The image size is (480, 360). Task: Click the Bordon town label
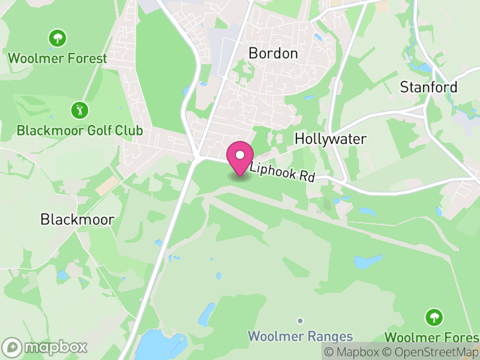273,53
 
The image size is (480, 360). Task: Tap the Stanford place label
428,87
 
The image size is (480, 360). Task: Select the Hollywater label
330,139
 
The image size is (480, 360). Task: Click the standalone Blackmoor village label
77,220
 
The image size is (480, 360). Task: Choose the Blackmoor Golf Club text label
80,130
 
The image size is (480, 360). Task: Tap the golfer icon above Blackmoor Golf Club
79,110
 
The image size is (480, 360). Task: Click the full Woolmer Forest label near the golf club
58,58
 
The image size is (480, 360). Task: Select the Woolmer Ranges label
301,336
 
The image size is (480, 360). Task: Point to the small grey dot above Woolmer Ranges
301,321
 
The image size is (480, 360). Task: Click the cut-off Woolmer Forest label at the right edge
431,336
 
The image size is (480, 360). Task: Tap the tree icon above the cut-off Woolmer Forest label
433,317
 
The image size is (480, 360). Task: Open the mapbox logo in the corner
45,347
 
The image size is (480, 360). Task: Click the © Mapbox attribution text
352,352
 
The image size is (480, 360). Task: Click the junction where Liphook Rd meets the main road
197,157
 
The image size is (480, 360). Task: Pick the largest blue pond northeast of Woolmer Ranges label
368,262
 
